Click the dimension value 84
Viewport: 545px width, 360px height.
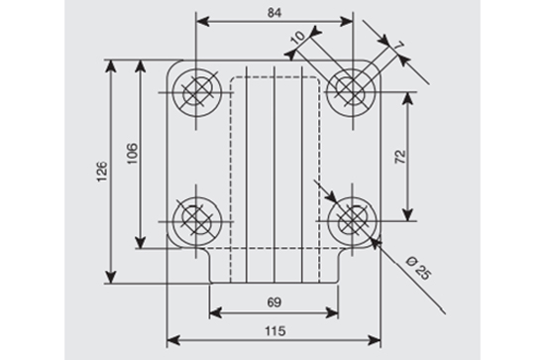274,13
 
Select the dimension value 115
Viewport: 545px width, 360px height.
274,331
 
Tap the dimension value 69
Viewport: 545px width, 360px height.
274,302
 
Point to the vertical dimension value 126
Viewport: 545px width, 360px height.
102,172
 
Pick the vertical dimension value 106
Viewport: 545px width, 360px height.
133,153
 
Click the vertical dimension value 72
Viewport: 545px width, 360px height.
400,157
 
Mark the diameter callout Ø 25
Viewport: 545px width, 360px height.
418,268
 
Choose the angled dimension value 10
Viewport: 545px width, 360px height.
298,38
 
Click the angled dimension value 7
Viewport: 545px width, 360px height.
399,46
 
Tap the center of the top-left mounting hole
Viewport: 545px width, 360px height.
196,92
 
